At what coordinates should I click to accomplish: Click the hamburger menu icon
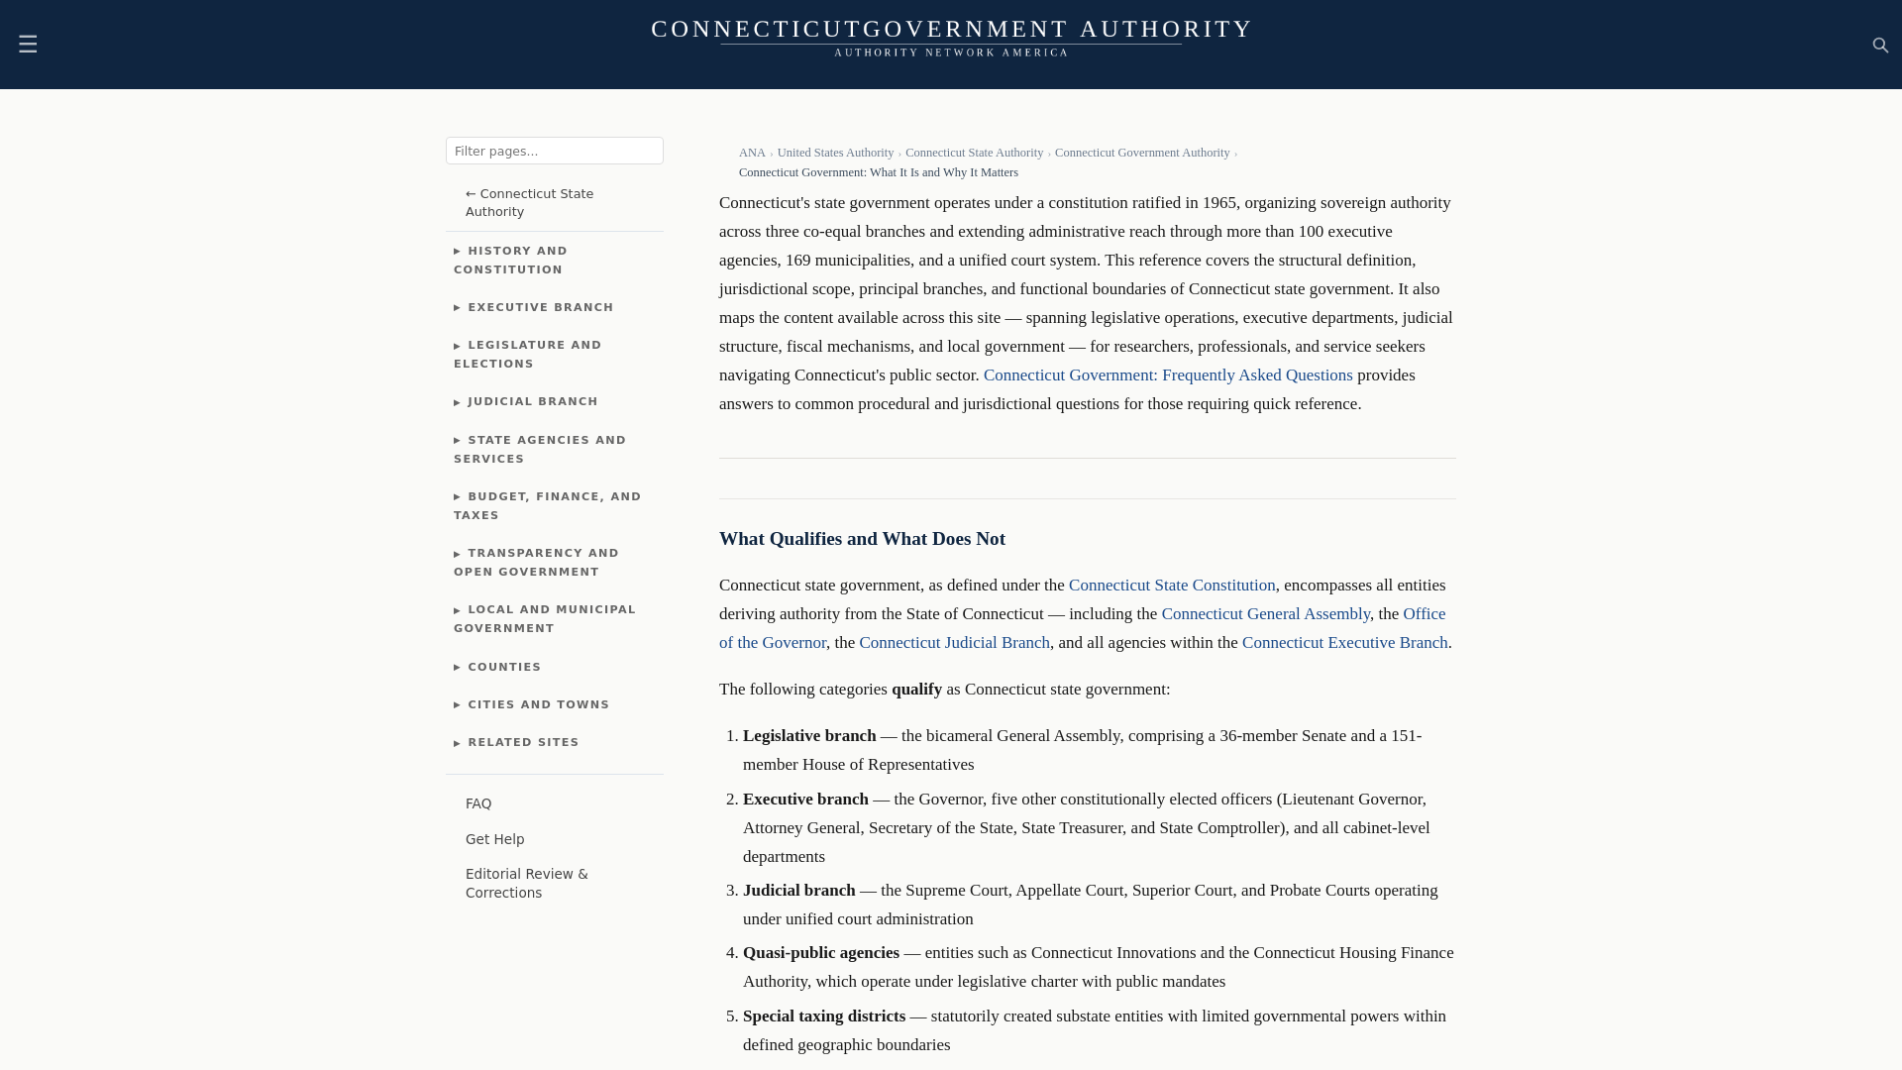(28, 44)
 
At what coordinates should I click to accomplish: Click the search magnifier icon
(1880, 46)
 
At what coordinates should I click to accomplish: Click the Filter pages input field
(554, 151)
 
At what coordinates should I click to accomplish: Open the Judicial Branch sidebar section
(532, 401)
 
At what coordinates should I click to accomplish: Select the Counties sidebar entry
(504, 667)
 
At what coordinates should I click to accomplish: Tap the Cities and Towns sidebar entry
(538, 704)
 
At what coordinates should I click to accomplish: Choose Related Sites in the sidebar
(523, 742)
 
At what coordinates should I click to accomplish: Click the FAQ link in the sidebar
(478, 803)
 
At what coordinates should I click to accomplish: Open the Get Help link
(494, 839)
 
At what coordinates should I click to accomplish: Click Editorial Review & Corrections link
(526, 883)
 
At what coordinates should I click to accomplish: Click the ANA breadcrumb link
(751, 153)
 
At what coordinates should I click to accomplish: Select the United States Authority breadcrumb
(834, 153)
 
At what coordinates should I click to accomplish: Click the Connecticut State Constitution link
(1171, 586)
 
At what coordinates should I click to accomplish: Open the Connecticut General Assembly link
(1265, 614)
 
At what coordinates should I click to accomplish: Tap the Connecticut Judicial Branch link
(953, 643)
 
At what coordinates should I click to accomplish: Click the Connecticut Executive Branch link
(1343, 643)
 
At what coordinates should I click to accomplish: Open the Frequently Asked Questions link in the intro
(1167, 375)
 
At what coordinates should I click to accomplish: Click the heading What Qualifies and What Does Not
(861, 539)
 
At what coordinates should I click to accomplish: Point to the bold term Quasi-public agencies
(820, 953)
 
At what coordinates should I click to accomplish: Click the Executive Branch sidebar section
(540, 307)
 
